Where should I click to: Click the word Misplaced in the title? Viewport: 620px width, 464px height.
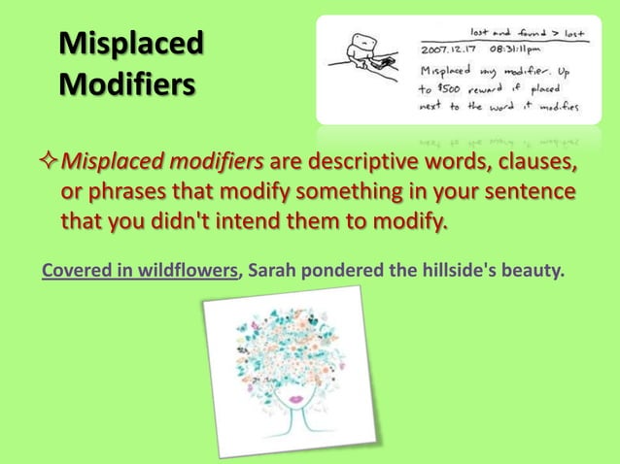pyautogui.click(x=131, y=44)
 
